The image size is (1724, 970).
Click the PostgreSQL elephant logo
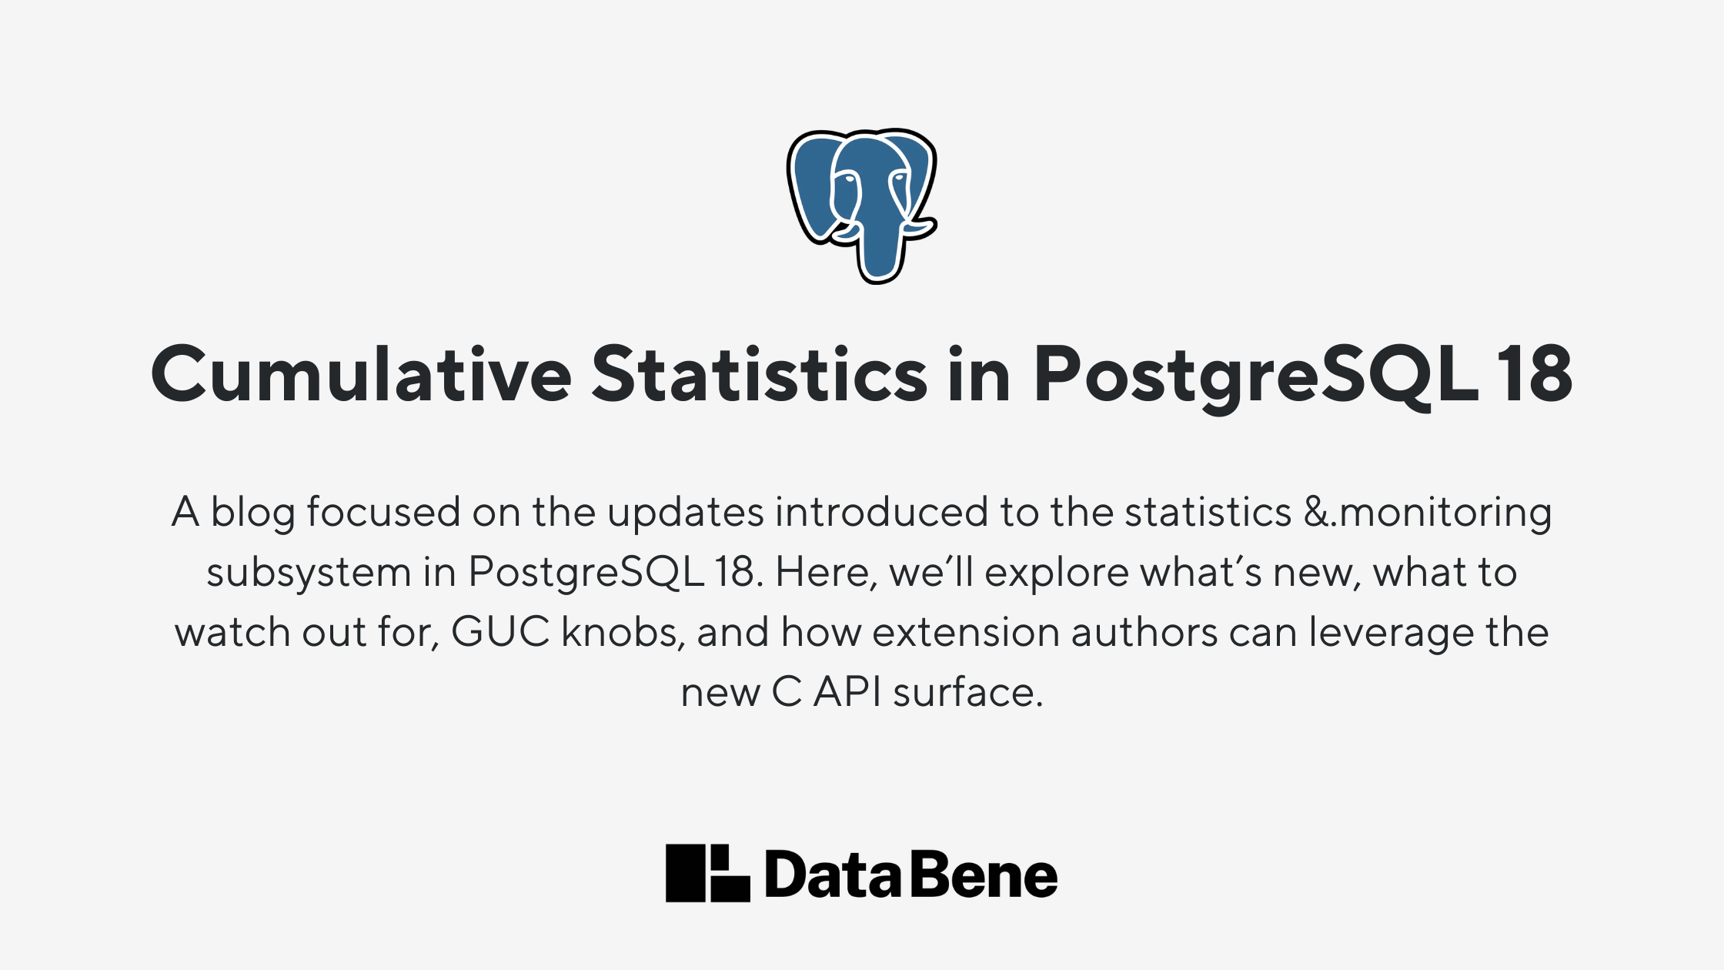point(861,206)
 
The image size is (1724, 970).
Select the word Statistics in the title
point(760,374)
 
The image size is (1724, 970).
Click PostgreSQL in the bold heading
point(1256,377)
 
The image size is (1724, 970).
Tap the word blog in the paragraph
point(253,513)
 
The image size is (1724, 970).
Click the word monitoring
point(1445,514)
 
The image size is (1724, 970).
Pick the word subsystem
point(309,573)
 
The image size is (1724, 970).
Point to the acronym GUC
point(500,632)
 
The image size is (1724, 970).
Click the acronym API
point(847,691)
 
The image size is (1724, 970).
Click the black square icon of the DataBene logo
point(707,873)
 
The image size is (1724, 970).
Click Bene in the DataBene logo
point(984,875)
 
